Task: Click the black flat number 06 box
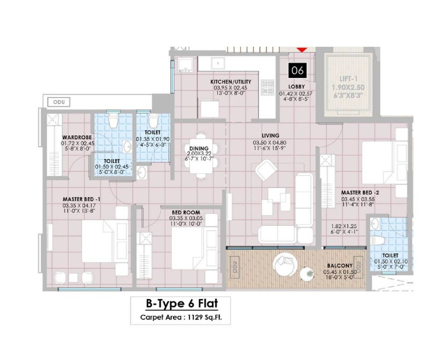click(x=297, y=70)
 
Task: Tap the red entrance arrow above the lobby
click(x=302, y=50)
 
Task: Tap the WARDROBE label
click(x=77, y=137)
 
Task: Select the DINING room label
click(x=198, y=149)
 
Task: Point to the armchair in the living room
click(x=266, y=171)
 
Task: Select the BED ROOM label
click(x=186, y=213)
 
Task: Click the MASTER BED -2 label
click(x=360, y=192)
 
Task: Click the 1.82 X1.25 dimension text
click(x=345, y=226)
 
